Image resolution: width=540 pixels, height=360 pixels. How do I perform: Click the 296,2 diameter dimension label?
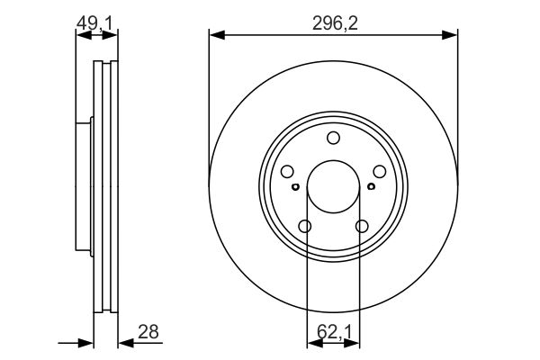pos(335,23)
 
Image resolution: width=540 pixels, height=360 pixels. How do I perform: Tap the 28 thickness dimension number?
pos(148,332)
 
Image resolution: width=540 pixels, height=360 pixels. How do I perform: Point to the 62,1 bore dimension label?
pos(334,332)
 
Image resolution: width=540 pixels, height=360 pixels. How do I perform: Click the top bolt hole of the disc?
pos(333,138)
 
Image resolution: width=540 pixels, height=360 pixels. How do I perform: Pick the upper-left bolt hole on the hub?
pos(287,171)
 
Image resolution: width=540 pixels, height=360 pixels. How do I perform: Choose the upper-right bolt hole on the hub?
pos(380,171)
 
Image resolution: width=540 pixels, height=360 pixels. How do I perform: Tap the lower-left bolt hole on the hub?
pos(305,226)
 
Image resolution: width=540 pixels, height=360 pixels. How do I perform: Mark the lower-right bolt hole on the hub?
pos(362,226)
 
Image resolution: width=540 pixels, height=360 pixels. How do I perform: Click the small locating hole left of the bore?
pos(295,186)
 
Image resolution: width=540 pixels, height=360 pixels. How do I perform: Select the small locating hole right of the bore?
pos(371,186)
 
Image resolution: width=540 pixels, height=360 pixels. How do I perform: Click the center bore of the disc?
pos(333,186)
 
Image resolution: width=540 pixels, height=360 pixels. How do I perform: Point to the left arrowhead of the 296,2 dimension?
pos(217,35)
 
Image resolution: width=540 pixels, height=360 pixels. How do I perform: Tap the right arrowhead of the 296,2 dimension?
pos(450,35)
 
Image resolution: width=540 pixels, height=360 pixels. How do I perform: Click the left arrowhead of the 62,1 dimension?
pos(315,343)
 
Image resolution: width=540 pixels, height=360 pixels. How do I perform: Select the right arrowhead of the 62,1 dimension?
pos(352,343)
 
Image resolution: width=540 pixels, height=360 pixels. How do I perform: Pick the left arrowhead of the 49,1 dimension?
pos(84,35)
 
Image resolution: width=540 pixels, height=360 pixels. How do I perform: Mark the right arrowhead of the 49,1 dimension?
pos(110,35)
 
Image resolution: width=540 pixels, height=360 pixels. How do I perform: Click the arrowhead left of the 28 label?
pos(126,343)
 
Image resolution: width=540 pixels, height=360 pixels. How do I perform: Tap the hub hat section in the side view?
pos(84,186)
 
